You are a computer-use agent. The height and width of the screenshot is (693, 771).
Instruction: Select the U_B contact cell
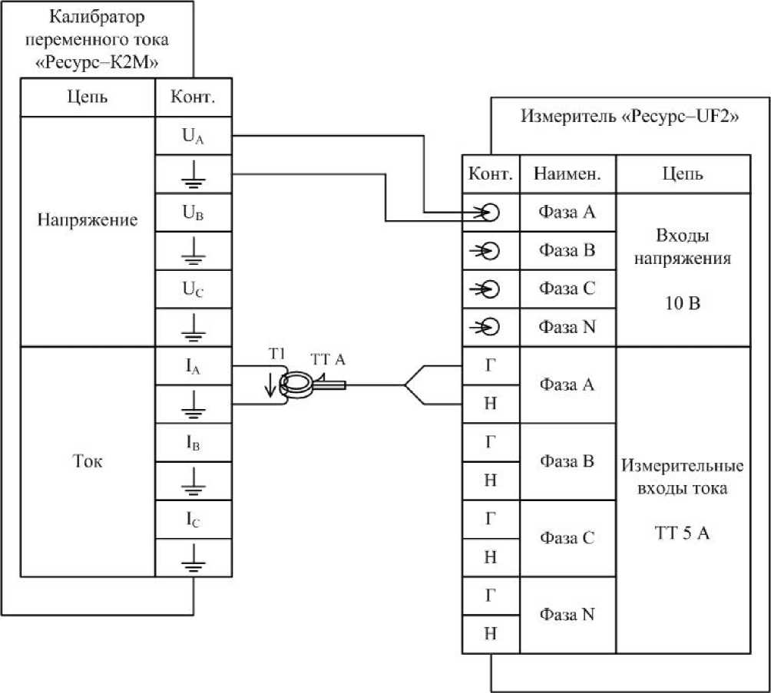(x=193, y=214)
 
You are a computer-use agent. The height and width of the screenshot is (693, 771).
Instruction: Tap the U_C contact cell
(x=193, y=290)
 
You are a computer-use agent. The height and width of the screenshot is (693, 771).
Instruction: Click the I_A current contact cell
(x=193, y=366)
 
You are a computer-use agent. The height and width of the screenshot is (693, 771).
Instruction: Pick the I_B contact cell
(x=193, y=443)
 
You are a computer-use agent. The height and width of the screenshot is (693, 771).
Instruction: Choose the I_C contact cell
(x=193, y=520)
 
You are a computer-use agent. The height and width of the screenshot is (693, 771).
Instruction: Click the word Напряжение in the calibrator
(x=88, y=220)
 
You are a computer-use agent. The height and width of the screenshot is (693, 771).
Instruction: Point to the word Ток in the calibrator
(x=88, y=461)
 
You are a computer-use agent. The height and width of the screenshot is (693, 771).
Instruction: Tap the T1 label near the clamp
(x=277, y=354)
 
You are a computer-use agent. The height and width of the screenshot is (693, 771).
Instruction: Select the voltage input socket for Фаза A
(x=490, y=213)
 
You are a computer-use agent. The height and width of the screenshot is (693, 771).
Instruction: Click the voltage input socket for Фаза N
(x=490, y=327)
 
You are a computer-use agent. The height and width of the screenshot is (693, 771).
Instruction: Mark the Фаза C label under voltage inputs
(x=567, y=289)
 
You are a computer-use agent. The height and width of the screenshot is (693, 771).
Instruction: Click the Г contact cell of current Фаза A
(x=491, y=366)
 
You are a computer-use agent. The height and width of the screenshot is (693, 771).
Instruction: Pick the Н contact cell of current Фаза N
(x=491, y=633)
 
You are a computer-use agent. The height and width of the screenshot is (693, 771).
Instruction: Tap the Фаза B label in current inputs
(x=567, y=461)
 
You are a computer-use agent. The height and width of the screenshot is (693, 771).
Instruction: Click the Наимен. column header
(x=567, y=174)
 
